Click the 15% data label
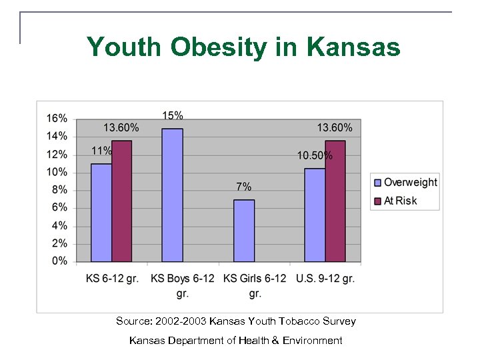173,115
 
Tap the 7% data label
244,187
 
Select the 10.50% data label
315,155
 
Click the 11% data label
101,151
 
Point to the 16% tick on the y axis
57,119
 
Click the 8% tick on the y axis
59,190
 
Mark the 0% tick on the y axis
59,261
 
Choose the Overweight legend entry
410,182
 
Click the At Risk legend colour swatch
377,201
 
